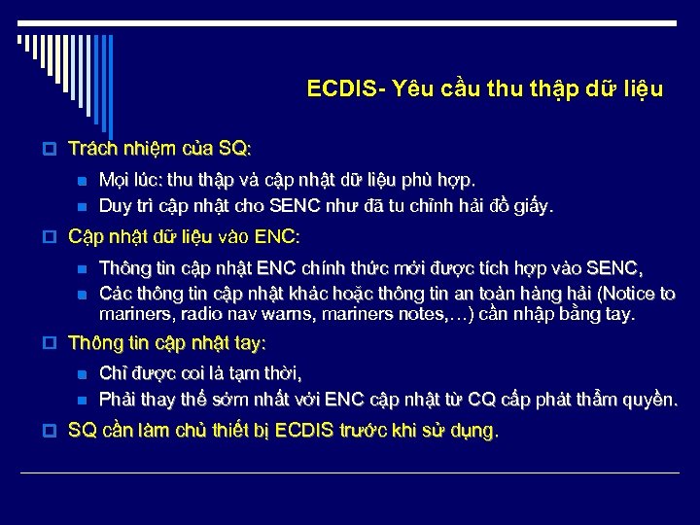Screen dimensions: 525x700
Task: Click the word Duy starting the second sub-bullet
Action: (x=116, y=205)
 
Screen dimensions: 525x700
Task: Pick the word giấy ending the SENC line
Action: (x=536, y=205)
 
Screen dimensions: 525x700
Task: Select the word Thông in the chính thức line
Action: (x=123, y=268)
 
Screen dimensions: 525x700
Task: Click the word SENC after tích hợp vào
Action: (x=617, y=268)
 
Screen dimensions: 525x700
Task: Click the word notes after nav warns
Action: (x=411, y=314)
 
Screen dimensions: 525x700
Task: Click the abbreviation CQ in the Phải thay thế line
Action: (x=480, y=400)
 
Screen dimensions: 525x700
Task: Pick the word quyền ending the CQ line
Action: (x=649, y=400)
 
